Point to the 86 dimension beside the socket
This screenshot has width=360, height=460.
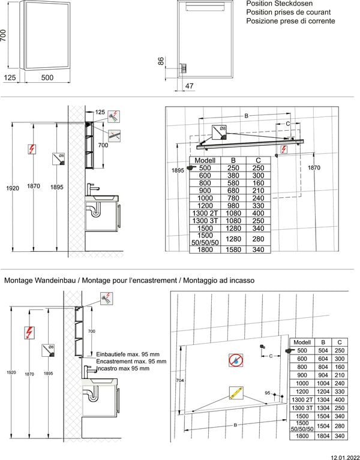point(161,61)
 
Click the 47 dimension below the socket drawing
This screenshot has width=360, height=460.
point(189,86)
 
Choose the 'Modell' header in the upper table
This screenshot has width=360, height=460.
point(205,161)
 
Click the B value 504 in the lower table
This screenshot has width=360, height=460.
point(323,350)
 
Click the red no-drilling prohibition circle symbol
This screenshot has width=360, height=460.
point(236,360)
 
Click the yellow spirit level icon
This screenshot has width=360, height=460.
point(236,394)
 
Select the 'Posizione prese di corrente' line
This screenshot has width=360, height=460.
point(290,21)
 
